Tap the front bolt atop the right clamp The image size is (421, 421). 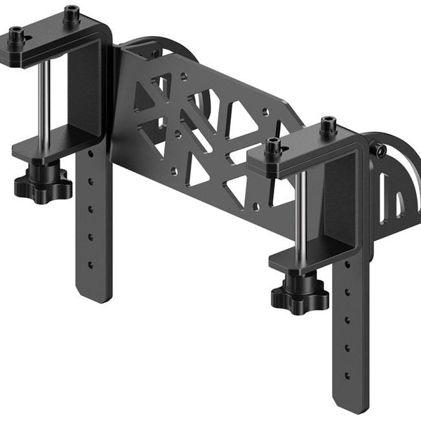[x=274, y=147]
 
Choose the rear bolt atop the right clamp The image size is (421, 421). [x=328, y=126]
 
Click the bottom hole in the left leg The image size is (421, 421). [x=91, y=265]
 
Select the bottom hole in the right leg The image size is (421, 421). [x=347, y=375]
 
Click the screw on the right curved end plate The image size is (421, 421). [x=380, y=150]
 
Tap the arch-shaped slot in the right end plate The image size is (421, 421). [x=399, y=203]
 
